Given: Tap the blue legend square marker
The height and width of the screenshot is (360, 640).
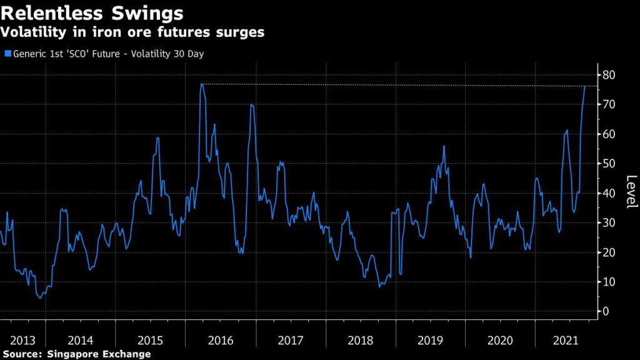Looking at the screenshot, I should point(7,54).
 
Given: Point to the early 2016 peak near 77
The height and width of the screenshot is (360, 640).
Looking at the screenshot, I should point(201,84).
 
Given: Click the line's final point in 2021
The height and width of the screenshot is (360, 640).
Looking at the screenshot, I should point(585,86).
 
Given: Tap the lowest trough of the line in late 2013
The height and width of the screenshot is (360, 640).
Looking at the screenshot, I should point(41,298).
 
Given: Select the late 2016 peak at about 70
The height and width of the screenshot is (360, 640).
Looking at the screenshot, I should point(251,104).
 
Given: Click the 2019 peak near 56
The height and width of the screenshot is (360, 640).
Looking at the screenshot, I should point(444,146).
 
